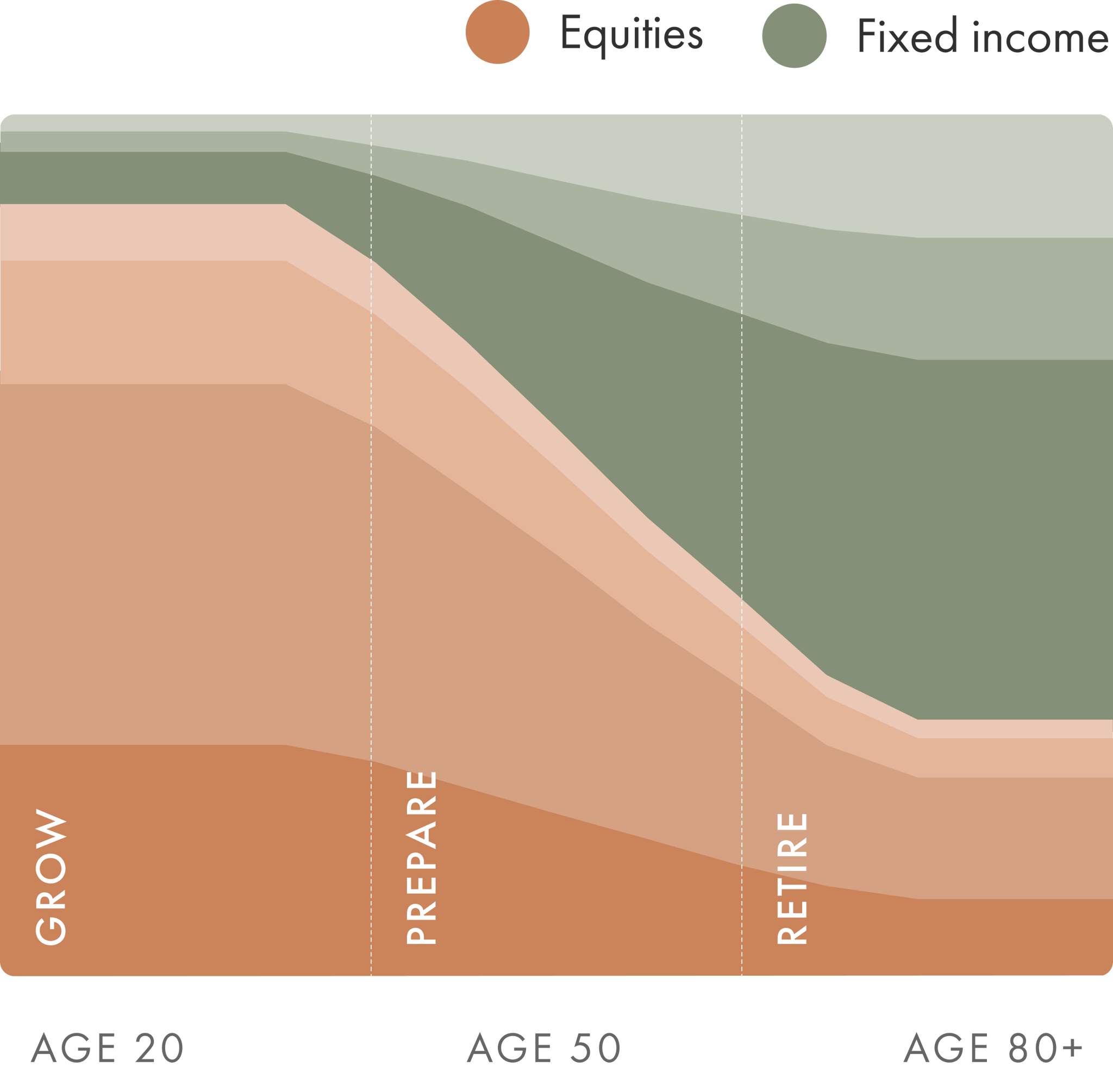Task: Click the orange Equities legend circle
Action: pyautogui.click(x=497, y=33)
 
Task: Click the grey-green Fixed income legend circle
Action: pyautogui.click(x=794, y=36)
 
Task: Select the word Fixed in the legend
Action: pyautogui.click(x=908, y=36)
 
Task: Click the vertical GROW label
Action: pyautogui.click(x=51, y=876)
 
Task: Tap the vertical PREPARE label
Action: pyautogui.click(x=421, y=857)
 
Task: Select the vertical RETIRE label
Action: pyautogui.click(x=792, y=879)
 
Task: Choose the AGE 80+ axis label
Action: pyautogui.click(x=994, y=1047)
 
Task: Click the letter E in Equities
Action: pyautogui.click(x=571, y=33)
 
